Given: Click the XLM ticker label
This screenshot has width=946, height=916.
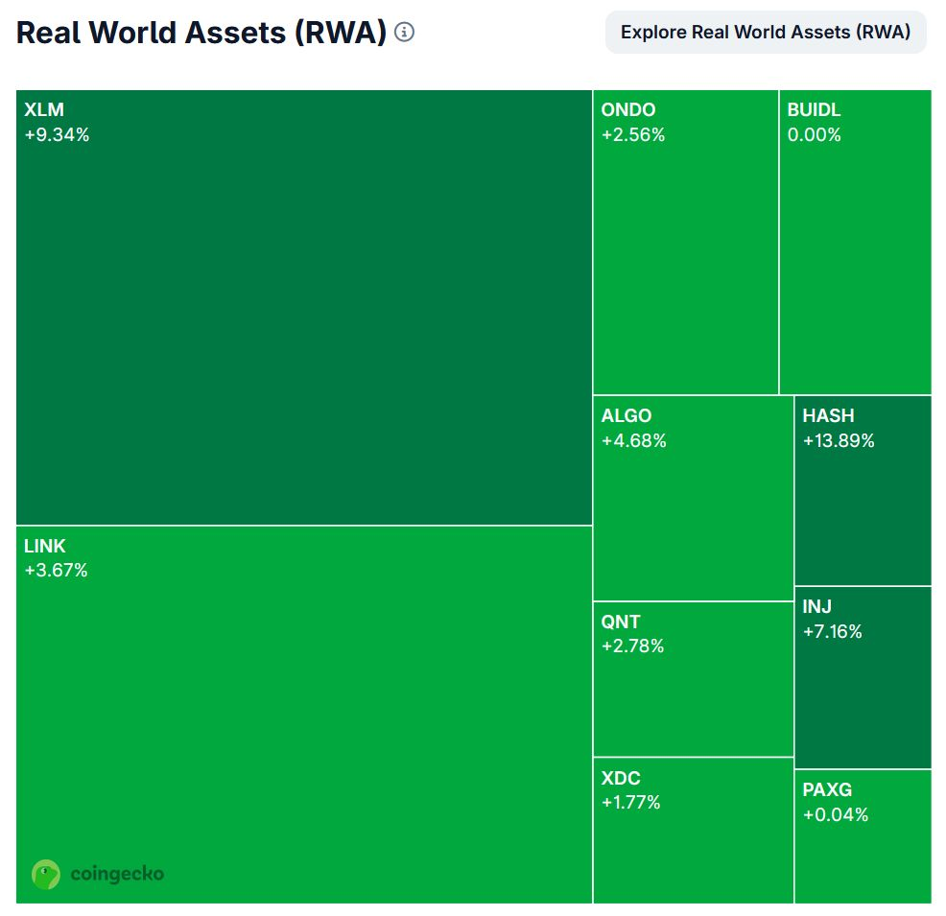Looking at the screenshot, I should [44, 110].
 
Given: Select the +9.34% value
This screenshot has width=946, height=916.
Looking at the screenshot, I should [57, 135].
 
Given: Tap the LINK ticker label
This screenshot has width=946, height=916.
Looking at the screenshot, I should [45, 547].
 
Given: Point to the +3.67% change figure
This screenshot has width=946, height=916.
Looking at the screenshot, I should [56, 572].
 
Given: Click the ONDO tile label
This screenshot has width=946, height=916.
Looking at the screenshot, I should [628, 110].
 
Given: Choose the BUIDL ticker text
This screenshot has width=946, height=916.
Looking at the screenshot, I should [814, 110].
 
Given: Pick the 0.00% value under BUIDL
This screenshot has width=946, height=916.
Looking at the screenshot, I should [814, 135].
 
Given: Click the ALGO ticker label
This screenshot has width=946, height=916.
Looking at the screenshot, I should [626, 416].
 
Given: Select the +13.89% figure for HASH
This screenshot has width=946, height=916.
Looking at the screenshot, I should [839, 441].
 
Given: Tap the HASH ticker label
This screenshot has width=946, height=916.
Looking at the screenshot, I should [828, 416].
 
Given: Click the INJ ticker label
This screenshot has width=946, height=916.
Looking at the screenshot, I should [816, 607].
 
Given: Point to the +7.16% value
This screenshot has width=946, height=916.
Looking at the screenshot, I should [832, 632].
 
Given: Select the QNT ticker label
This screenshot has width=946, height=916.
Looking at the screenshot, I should [621, 622].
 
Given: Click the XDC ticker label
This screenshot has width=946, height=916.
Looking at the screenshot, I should [621, 778].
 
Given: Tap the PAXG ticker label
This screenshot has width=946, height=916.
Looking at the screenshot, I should [827, 790].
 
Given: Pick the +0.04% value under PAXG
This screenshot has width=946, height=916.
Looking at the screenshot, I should [835, 815].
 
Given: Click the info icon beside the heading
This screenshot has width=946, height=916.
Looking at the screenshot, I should [405, 33].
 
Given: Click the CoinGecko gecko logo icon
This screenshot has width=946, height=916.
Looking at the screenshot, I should [46, 874].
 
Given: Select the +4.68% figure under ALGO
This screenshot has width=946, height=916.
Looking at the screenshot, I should [633, 441].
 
